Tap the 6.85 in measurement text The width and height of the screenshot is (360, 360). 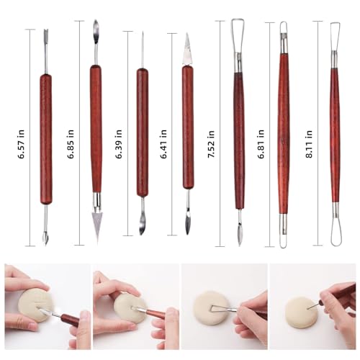click(71, 135)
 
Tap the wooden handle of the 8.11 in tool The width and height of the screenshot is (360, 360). click(335, 137)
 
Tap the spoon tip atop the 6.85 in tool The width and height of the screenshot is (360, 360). click(95, 32)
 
